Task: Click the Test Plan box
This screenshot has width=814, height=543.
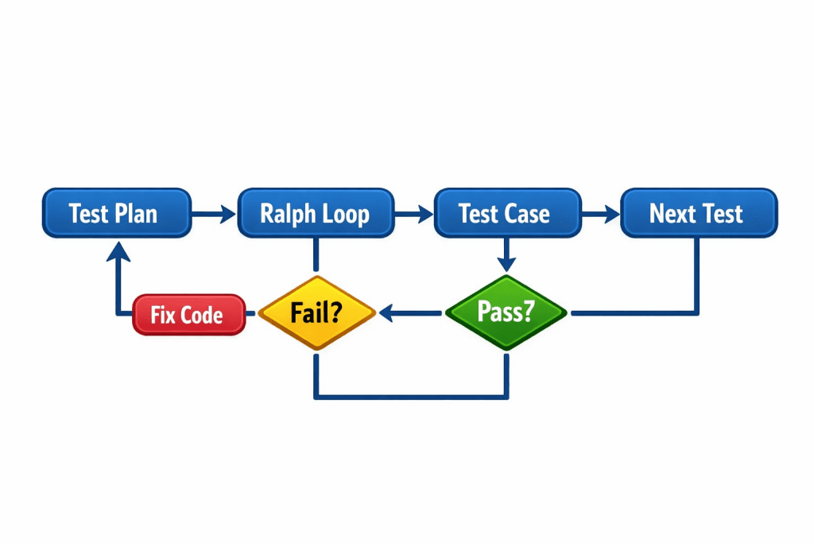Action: point(116,213)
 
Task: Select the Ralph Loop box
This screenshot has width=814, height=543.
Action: point(316,213)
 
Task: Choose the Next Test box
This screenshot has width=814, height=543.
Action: point(698,213)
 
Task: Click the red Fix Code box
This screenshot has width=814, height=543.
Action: point(188,314)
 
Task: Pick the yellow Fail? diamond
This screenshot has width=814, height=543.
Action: point(316,312)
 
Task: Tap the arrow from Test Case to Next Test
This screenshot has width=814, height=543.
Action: point(600,213)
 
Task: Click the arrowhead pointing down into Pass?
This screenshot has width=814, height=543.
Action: point(506,264)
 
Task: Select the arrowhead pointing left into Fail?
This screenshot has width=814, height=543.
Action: point(387,315)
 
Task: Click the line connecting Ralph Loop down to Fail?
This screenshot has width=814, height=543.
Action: point(316,254)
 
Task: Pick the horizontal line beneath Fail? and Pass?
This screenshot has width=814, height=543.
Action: point(411,395)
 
